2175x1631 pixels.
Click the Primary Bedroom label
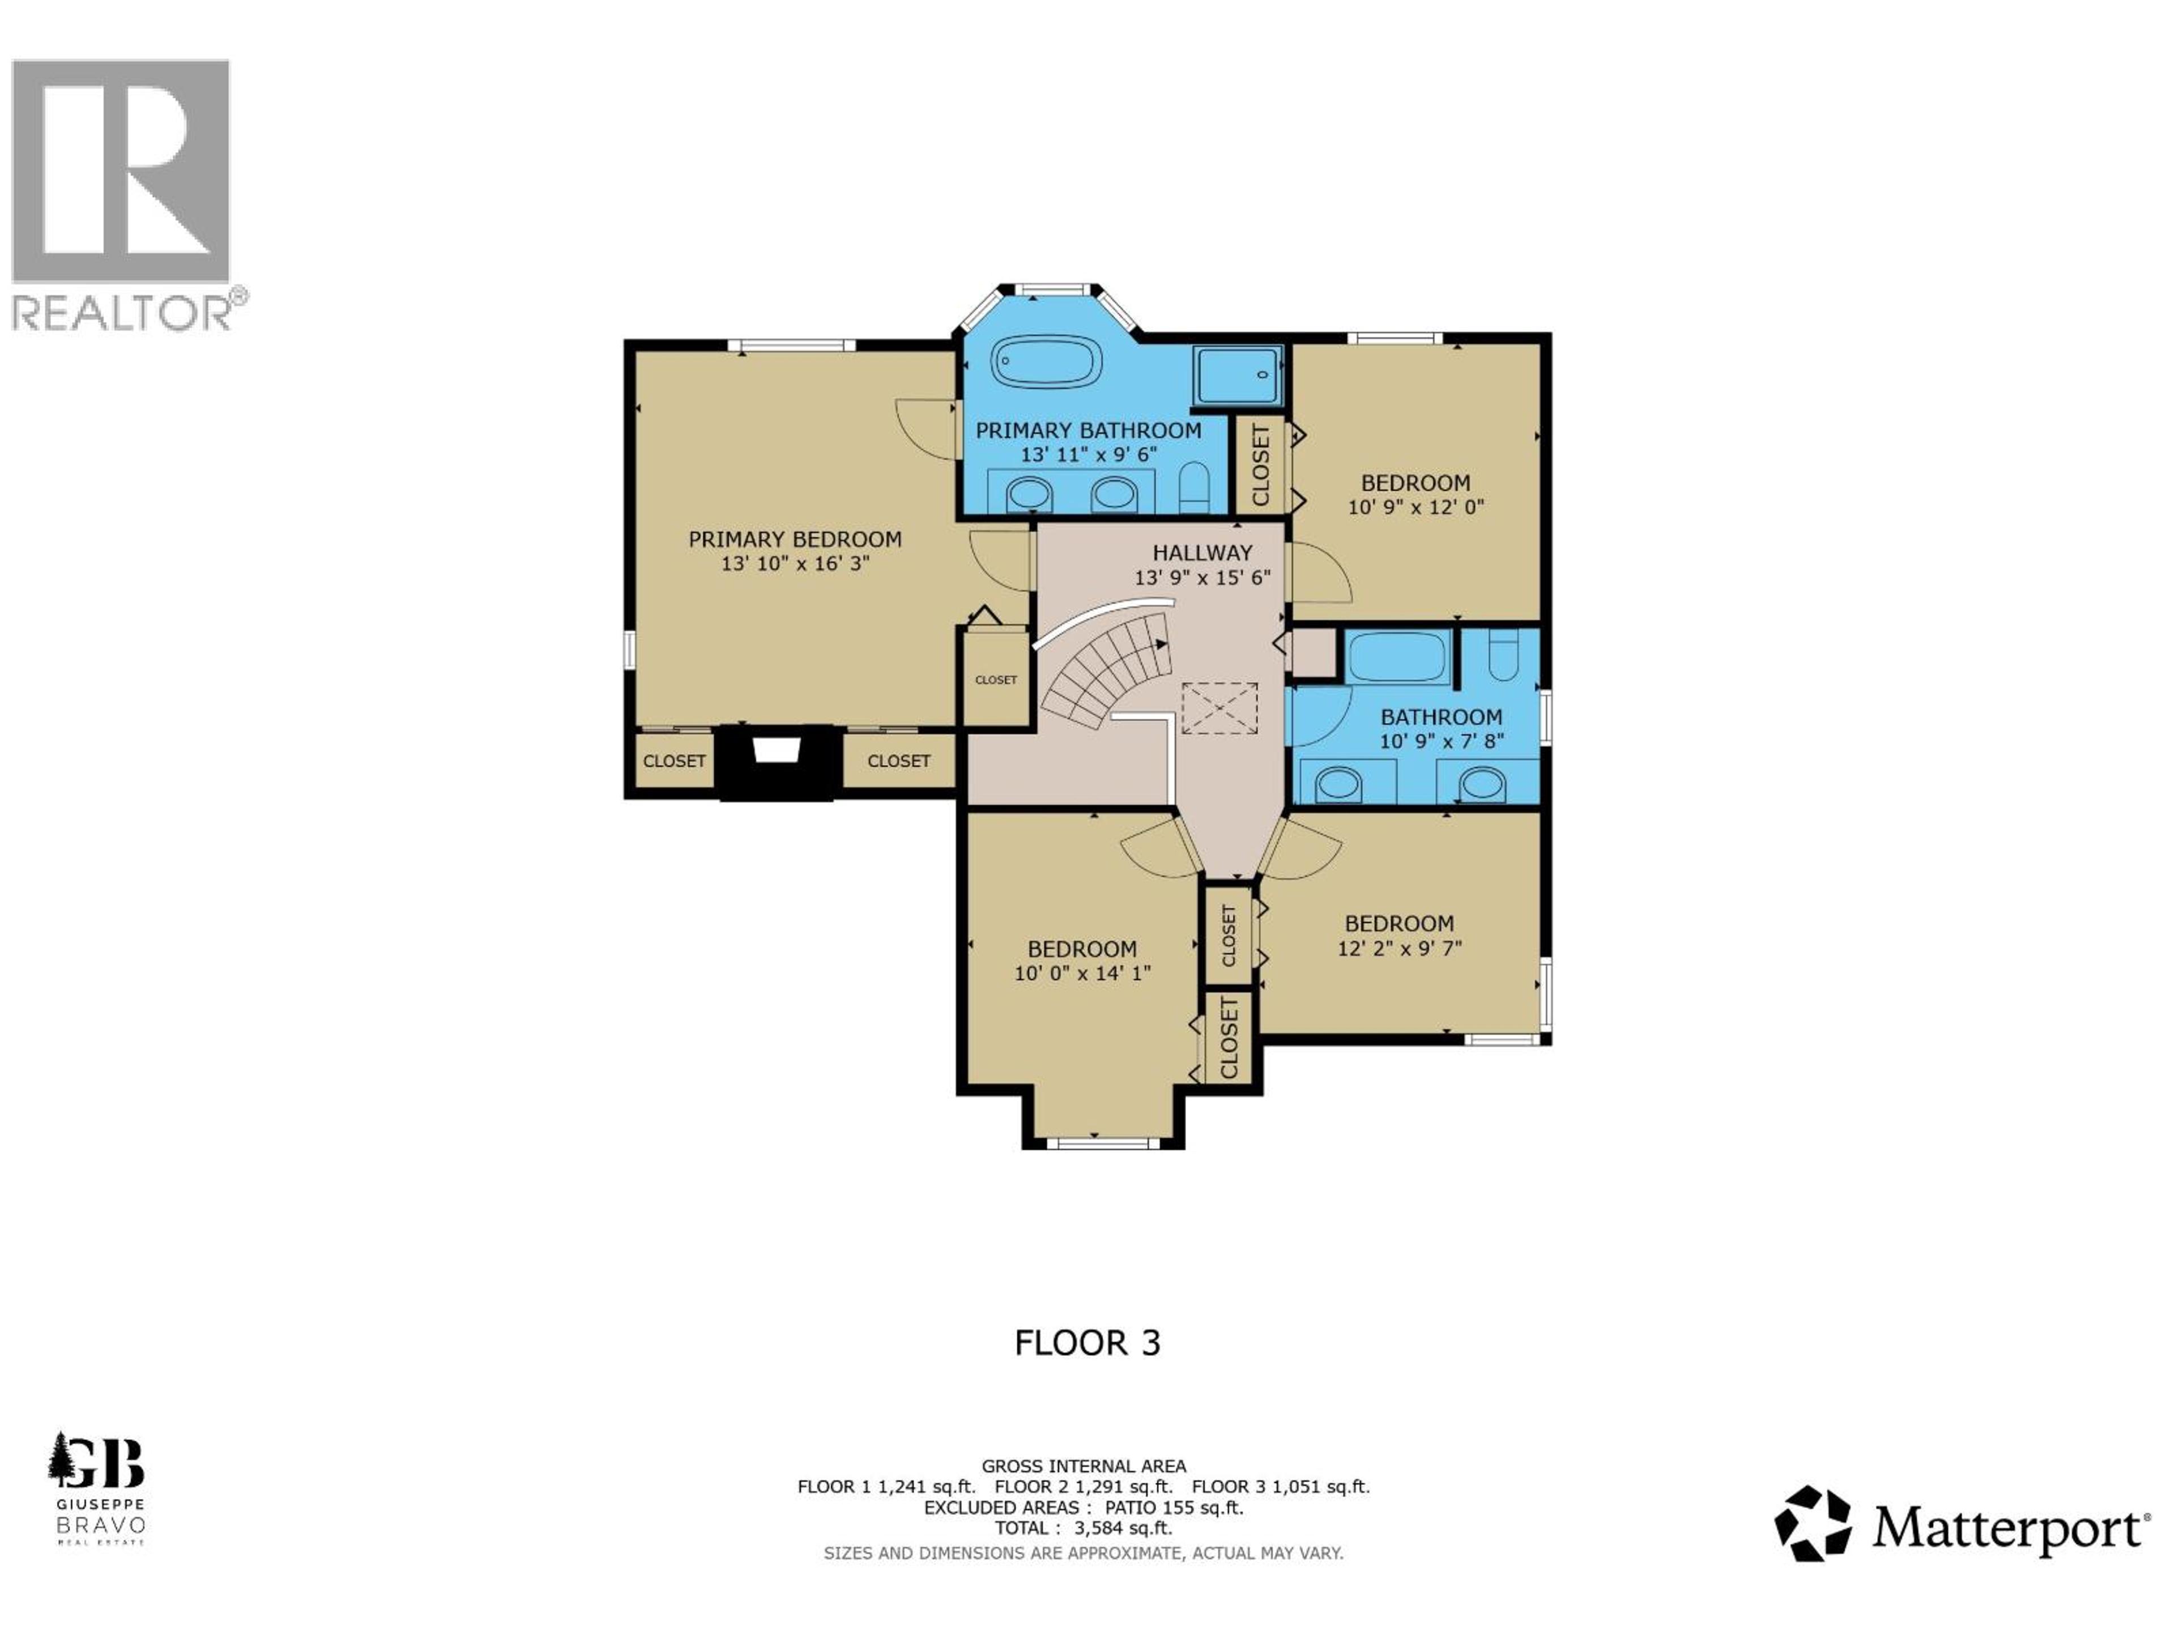point(795,540)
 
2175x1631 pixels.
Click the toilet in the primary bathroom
point(1193,486)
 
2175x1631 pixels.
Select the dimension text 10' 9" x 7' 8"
point(1442,741)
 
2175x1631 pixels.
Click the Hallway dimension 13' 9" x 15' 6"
point(1202,578)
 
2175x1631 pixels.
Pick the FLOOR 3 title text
point(1087,1343)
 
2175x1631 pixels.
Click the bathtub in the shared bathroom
point(1397,657)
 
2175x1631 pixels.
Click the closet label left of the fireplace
point(675,761)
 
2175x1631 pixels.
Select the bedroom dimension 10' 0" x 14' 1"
point(1082,974)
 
